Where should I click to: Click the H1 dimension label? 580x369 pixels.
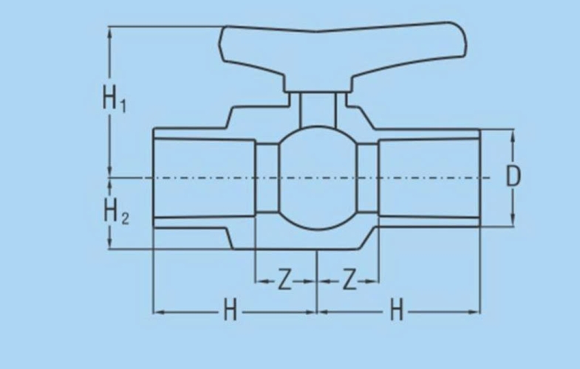click(x=114, y=99)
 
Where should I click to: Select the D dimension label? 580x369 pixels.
click(x=513, y=176)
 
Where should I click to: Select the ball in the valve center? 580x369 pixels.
click(x=318, y=178)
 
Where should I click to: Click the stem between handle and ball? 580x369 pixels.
click(x=318, y=110)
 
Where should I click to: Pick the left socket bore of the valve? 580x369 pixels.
click(x=204, y=178)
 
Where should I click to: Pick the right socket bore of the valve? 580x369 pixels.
click(x=429, y=178)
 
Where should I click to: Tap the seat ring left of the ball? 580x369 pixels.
click(x=267, y=178)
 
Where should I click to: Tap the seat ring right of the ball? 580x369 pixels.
click(x=368, y=178)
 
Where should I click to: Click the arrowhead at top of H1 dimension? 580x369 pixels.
click(x=109, y=32)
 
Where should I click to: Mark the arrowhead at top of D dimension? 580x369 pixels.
click(x=513, y=135)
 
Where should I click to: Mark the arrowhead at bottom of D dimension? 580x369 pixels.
click(x=513, y=220)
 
